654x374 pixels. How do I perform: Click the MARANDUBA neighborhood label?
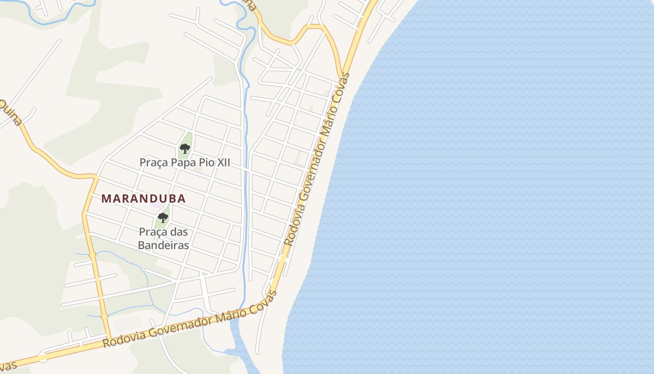pyautogui.click(x=143, y=198)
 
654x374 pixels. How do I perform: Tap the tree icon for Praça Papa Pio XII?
pyautogui.click(x=185, y=149)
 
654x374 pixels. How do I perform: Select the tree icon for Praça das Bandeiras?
pyautogui.click(x=163, y=217)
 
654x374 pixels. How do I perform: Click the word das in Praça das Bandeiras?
pyautogui.click(x=179, y=232)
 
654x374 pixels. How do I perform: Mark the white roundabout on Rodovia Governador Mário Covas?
pyautogui.click(x=43, y=358)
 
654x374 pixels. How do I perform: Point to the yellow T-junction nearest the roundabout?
pyautogui.click(x=109, y=339)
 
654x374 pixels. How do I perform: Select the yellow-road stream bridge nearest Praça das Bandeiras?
pyautogui.click(x=92, y=255)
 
